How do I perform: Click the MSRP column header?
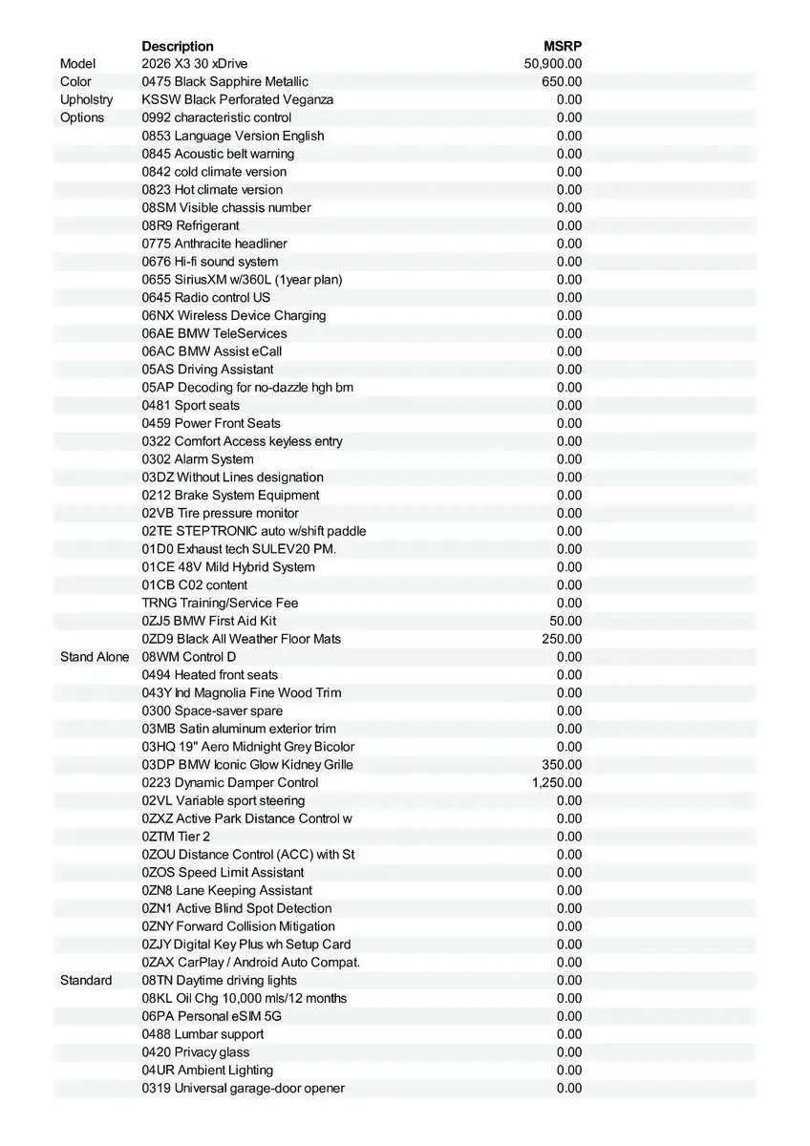(563, 46)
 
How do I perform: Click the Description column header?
(178, 46)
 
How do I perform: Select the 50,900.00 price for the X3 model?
(553, 64)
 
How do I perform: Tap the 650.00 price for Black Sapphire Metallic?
(562, 82)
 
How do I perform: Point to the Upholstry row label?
(86, 100)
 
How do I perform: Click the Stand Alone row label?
(95, 657)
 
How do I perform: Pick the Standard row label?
(86, 981)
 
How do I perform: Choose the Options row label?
(82, 117)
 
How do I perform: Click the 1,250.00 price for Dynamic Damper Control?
(557, 783)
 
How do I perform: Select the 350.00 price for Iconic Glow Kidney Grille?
(562, 765)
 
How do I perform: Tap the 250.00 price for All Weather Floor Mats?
(562, 639)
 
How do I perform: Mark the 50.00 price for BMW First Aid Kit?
(565, 621)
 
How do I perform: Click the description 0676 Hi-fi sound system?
(210, 262)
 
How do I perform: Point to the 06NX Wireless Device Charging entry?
(234, 315)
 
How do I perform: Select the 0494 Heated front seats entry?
(210, 675)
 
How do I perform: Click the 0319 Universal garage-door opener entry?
(244, 1089)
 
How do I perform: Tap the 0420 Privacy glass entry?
(196, 1052)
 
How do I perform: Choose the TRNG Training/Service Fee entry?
(221, 603)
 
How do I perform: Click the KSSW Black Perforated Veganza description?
(238, 100)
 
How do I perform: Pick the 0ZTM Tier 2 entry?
(177, 837)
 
